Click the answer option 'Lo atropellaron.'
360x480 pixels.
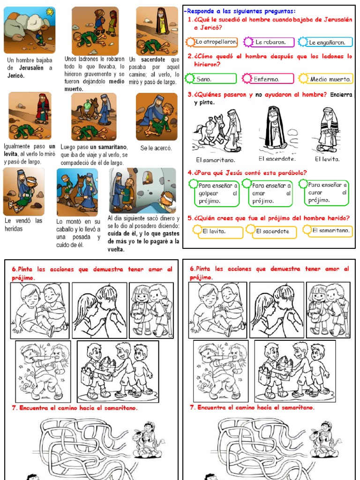(216, 42)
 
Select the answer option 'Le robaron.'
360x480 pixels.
(271, 42)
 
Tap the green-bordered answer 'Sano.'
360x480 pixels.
(211, 79)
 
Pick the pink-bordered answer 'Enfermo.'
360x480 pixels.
(269, 79)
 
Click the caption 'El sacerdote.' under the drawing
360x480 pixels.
(274, 158)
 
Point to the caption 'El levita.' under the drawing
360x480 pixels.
(327, 159)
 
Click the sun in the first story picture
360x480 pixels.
(49, 11)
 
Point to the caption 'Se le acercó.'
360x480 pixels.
(156, 148)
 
